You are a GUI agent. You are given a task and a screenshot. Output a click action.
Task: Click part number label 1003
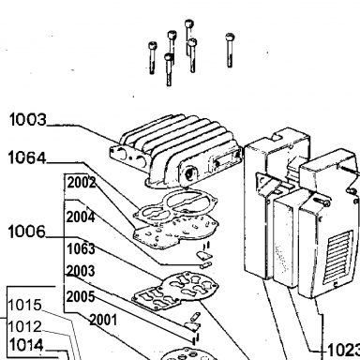click(x=28, y=120)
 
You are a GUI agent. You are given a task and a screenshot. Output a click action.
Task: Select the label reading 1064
click(x=27, y=157)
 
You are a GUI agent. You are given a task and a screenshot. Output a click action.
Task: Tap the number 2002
click(x=82, y=183)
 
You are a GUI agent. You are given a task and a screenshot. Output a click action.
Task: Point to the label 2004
click(x=81, y=217)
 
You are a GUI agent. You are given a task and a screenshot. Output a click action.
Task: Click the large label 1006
click(x=27, y=232)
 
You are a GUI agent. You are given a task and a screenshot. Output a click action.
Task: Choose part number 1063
click(x=81, y=248)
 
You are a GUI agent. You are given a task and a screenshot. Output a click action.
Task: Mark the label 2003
click(x=81, y=271)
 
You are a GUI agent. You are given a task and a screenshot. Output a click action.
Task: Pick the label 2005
click(x=81, y=296)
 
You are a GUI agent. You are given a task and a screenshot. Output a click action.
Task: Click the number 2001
click(x=103, y=320)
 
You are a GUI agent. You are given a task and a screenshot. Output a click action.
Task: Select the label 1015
click(x=24, y=305)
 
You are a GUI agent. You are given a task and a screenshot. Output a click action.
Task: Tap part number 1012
click(x=24, y=327)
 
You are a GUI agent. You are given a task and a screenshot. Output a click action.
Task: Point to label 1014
click(x=26, y=345)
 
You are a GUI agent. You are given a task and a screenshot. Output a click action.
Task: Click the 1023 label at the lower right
click(x=343, y=351)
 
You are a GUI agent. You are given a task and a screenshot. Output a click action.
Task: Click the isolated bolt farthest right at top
click(x=230, y=50)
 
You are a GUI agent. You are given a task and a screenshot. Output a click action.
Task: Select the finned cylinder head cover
click(x=176, y=152)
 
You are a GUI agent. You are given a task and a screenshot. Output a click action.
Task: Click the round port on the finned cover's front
click(x=190, y=174)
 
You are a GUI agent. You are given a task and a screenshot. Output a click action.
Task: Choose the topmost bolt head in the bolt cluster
click(x=188, y=23)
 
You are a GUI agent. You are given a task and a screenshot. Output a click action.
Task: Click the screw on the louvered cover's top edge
click(x=321, y=201)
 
